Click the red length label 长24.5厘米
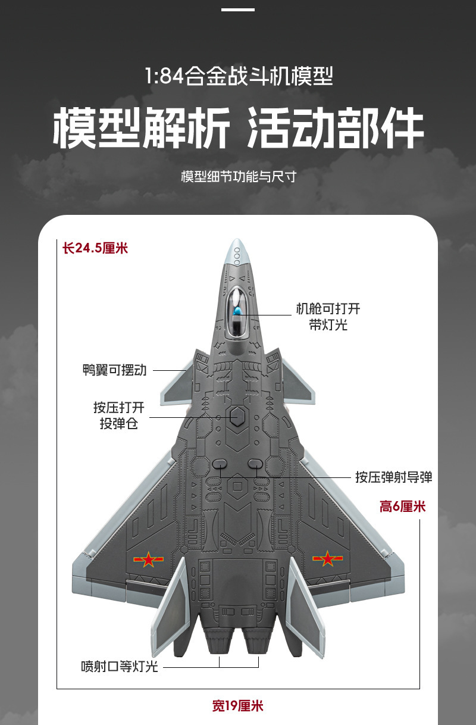point(95,248)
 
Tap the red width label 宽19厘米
point(238,707)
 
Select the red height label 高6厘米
point(403,507)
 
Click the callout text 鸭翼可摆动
point(114,370)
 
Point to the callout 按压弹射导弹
point(394,477)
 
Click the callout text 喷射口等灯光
point(120,666)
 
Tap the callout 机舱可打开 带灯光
point(328,317)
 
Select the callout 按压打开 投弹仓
point(118,416)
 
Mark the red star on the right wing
point(328,559)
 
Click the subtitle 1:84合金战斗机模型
point(238,77)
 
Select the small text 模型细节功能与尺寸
point(238,177)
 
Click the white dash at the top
point(238,10)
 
